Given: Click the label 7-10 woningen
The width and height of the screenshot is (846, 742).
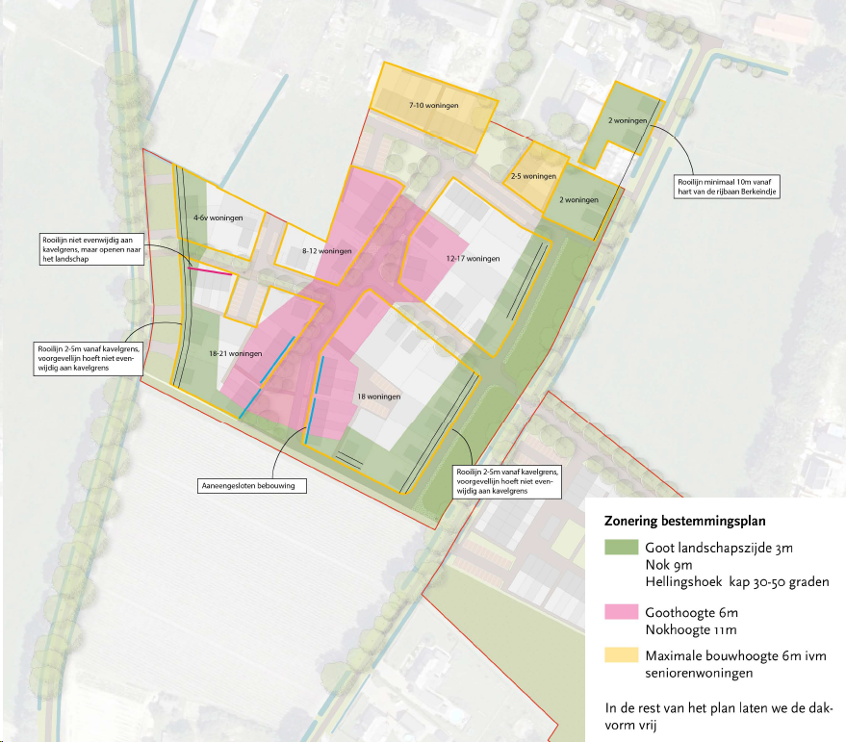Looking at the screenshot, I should point(431,104).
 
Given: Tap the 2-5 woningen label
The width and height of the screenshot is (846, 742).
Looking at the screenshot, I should point(534,177).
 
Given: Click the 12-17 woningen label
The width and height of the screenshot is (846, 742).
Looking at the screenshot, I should point(474,259).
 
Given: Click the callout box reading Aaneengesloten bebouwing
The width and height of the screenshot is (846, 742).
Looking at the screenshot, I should point(253,486).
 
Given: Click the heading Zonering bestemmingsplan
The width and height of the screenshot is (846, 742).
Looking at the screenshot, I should point(684,523).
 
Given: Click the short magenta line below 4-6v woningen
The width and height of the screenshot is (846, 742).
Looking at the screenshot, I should point(211,273).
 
